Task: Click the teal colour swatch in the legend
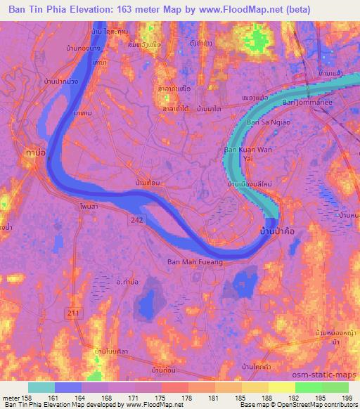click(41, 387)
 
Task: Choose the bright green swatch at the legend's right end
click(335, 387)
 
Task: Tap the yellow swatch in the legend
click(282, 387)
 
